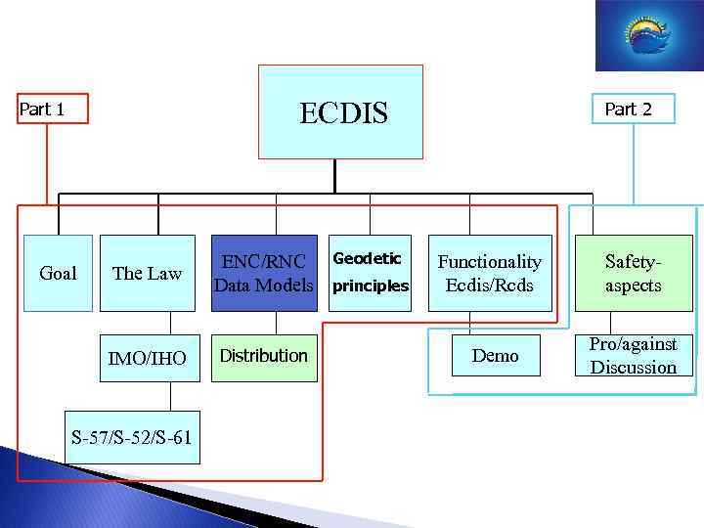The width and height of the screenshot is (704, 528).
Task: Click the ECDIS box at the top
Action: [340, 111]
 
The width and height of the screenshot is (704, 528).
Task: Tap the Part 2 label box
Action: [628, 109]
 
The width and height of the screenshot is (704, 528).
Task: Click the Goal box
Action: [58, 273]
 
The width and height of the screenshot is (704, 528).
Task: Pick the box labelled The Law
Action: [148, 273]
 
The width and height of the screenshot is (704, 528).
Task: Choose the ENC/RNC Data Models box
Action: [265, 273]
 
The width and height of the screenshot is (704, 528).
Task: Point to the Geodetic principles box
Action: [370, 273]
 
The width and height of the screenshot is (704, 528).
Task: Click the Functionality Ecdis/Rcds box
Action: [489, 273]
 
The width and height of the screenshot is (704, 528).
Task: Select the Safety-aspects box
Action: [633, 273]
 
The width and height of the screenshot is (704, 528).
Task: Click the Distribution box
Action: [264, 356]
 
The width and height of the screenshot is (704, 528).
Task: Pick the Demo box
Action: [496, 356]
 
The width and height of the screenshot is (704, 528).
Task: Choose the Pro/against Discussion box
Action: [633, 356]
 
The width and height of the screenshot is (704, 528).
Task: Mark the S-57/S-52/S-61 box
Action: [131, 436]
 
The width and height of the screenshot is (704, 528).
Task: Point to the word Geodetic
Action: [368, 258]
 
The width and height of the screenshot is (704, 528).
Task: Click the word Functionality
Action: [489, 261]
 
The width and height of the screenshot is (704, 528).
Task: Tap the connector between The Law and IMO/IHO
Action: [171, 323]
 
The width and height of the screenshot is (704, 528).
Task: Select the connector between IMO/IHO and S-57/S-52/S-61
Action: [171, 395]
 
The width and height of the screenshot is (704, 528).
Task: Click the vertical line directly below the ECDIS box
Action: [334, 173]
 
